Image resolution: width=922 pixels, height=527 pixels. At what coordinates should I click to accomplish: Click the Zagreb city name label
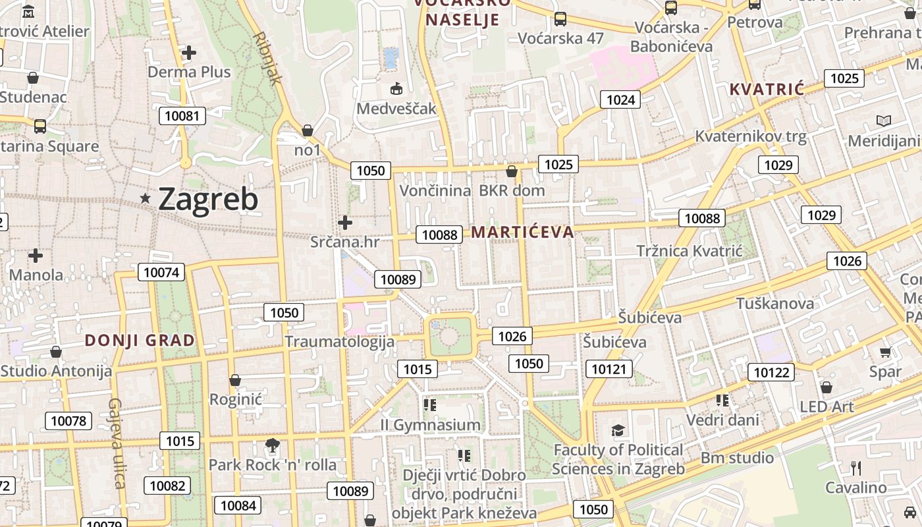pyautogui.click(x=208, y=199)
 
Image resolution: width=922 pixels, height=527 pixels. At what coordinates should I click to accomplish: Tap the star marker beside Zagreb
pyautogui.click(x=146, y=198)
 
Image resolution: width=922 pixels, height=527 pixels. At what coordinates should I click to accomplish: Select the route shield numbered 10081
pyautogui.click(x=182, y=117)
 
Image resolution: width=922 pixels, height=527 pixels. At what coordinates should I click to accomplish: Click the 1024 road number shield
pyautogui.click(x=620, y=99)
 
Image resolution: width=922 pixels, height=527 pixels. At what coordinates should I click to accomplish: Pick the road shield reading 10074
pyautogui.click(x=161, y=272)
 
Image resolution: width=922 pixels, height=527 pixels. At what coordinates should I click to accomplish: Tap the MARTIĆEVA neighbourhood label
pyautogui.click(x=522, y=232)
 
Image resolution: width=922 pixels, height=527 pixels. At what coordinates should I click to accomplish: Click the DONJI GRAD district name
pyautogui.click(x=140, y=341)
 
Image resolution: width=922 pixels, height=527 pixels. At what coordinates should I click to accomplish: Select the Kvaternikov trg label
pyautogui.click(x=751, y=136)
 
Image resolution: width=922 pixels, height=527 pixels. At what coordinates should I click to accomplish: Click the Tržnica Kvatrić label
pyautogui.click(x=689, y=251)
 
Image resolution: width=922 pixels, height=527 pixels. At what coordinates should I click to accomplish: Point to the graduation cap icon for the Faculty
pyautogui.click(x=618, y=431)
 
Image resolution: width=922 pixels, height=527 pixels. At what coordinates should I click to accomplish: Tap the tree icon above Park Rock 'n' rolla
pyautogui.click(x=272, y=445)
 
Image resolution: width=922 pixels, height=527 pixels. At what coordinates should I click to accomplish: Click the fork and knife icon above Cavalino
pyautogui.click(x=856, y=468)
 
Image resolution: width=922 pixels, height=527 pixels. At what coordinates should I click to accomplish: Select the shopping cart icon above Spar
pyautogui.click(x=885, y=352)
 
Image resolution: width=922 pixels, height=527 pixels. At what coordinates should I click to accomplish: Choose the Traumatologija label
pyautogui.click(x=339, y=341)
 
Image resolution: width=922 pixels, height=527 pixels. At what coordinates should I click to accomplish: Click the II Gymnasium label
pyautogui.click(x=430, y=425)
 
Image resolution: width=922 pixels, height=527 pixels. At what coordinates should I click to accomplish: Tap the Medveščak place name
pyautogui.click(x=396, y=108)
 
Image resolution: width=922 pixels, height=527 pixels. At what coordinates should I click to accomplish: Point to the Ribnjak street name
pyautogui.click(x=267, y=58)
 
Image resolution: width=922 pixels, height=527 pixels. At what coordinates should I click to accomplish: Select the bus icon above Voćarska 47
pyautogui.click(x=560, y=19)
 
